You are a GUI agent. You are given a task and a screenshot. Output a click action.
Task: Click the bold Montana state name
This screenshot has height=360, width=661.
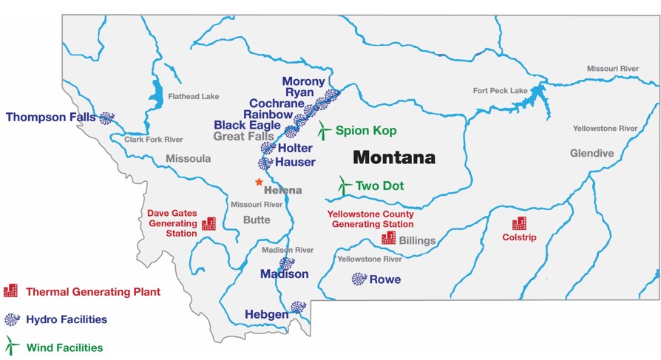pos(393,157)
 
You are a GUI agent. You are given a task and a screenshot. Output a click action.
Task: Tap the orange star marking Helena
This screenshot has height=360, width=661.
pos(259,182)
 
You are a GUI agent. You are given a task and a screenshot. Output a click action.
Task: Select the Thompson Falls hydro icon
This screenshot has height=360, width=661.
pos(107,118)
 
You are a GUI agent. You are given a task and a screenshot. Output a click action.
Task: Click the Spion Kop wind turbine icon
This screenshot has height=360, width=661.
pos(324,131)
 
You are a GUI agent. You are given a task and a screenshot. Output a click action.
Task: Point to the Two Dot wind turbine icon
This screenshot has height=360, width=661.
pos(344,186)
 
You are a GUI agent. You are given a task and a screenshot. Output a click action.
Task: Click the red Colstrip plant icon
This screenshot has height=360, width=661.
pos(519,223)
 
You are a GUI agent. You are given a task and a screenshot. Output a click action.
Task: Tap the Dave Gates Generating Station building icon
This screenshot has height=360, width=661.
pos(209,223)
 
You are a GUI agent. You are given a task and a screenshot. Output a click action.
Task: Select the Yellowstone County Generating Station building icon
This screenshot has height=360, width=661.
pos(388,238)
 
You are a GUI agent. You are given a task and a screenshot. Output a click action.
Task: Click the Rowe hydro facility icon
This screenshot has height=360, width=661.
pos(359,279)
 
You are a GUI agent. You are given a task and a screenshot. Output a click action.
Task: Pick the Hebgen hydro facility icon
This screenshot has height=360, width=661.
pos(298,307)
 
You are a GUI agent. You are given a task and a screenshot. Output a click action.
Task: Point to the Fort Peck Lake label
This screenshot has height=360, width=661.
pos(501,91)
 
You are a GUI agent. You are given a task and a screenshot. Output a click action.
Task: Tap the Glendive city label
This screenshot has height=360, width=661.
pos(591,153)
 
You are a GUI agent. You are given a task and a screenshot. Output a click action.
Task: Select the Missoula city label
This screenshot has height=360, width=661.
pos(188,158)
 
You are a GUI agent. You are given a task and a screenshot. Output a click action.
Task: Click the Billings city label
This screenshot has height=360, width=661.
pos(417,241)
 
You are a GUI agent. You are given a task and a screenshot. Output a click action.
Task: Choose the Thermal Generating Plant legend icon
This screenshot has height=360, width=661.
pos(10,291)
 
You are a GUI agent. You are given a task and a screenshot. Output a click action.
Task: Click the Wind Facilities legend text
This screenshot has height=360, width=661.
pos(64,347)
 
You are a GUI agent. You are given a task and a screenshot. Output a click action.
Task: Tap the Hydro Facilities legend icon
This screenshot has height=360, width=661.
pos(11,319)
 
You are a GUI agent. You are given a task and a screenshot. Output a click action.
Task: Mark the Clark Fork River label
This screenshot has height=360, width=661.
pos(154,139)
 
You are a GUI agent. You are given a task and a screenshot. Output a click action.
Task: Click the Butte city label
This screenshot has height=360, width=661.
pos(257,220)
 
